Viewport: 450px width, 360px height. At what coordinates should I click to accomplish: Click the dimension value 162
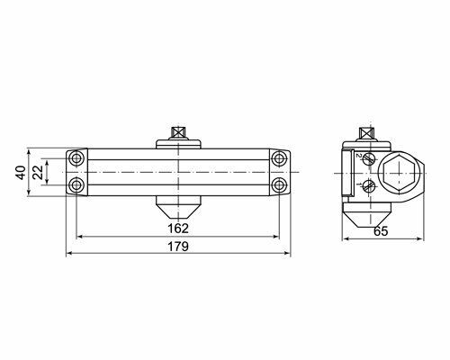[x=178, y=229]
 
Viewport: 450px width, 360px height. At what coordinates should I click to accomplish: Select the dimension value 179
[x=178, y=247]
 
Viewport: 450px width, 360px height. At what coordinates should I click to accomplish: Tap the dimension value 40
[x=21, y=173]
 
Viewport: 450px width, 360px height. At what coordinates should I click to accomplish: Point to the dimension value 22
[x=38, y=173]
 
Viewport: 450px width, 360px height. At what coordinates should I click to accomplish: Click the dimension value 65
[x=381, y=231]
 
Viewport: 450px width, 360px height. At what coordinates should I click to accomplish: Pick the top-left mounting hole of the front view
[x=76, y=158]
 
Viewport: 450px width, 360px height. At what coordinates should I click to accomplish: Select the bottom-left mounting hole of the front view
[x=76, y=184]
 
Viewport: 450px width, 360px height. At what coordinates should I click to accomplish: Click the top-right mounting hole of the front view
[x=279, y=158]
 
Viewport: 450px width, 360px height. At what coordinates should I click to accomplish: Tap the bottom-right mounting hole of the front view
[x=279, y=184]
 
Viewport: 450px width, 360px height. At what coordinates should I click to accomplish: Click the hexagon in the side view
[x=399, y=173]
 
